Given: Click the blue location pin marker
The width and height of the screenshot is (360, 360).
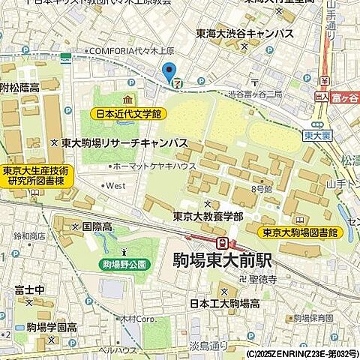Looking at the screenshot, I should [169, 73].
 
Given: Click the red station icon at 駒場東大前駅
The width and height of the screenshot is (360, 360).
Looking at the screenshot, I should [223, 243].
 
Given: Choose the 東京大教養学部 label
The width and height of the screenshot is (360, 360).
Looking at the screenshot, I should [208, 216].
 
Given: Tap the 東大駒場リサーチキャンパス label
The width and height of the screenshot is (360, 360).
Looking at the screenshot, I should [124, 142].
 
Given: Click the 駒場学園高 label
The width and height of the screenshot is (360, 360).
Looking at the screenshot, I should [51, 327].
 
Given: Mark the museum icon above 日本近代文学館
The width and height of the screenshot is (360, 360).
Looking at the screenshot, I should [127, 100].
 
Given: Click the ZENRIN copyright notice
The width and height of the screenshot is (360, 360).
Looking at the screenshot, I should [301, 353].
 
